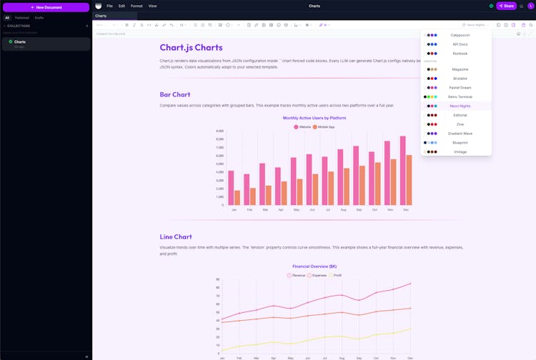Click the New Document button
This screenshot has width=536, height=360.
46,7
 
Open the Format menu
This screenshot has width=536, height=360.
136,6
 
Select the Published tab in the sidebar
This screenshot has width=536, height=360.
22,18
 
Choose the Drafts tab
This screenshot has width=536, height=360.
39,18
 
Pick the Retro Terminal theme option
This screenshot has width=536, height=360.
460,97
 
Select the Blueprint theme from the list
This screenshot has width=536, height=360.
460,143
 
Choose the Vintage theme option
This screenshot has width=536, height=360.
460,152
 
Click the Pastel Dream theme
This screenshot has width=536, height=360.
460,88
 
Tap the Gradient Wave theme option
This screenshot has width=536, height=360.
460,134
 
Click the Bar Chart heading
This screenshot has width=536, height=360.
175,94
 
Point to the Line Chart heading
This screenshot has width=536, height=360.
176,236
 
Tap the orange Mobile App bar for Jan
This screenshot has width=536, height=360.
237,198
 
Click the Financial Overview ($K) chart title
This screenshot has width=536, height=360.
314,266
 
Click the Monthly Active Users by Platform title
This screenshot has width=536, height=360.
314,118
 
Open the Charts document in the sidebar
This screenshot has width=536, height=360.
20,42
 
